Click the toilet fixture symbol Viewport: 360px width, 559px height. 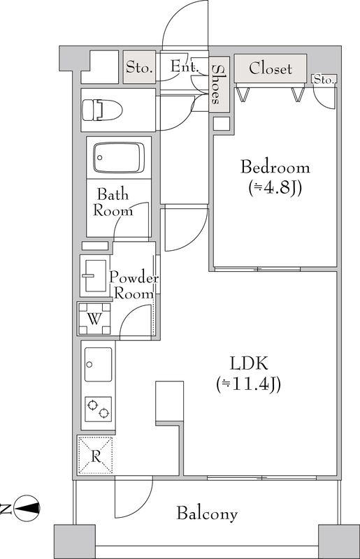[x=102, y=110]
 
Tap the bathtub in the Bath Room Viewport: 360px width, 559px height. [x=118, y=158]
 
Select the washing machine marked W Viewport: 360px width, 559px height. [x=94, y=319]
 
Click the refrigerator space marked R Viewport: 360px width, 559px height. [x=95, y=456]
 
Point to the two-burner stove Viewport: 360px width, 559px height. [x=98, y=409]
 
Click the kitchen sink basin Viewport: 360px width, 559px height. [x=98, y=365]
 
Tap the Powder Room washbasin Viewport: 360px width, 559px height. [x=94, y=275]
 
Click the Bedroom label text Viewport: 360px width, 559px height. [x=275, y=168]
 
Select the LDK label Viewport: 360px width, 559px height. [x=248, y=364]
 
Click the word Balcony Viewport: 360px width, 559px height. [x=207, y=514]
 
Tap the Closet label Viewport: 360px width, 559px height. [x=271, y=68]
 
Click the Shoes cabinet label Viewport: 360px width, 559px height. [x=216, y=84]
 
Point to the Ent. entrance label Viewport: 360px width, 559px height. [x=184, y=66]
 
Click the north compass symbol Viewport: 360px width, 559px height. [x=29, y=508]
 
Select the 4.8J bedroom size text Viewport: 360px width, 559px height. [x=275, y=188]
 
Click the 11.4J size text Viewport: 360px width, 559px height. [x=248, y=384]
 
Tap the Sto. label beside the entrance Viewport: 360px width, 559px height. [x=140, y=67]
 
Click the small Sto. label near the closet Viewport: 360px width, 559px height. [x=324, y=80]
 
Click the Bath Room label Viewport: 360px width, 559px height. [x=113, y=203]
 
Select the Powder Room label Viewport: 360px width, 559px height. [x=134, y=286]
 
